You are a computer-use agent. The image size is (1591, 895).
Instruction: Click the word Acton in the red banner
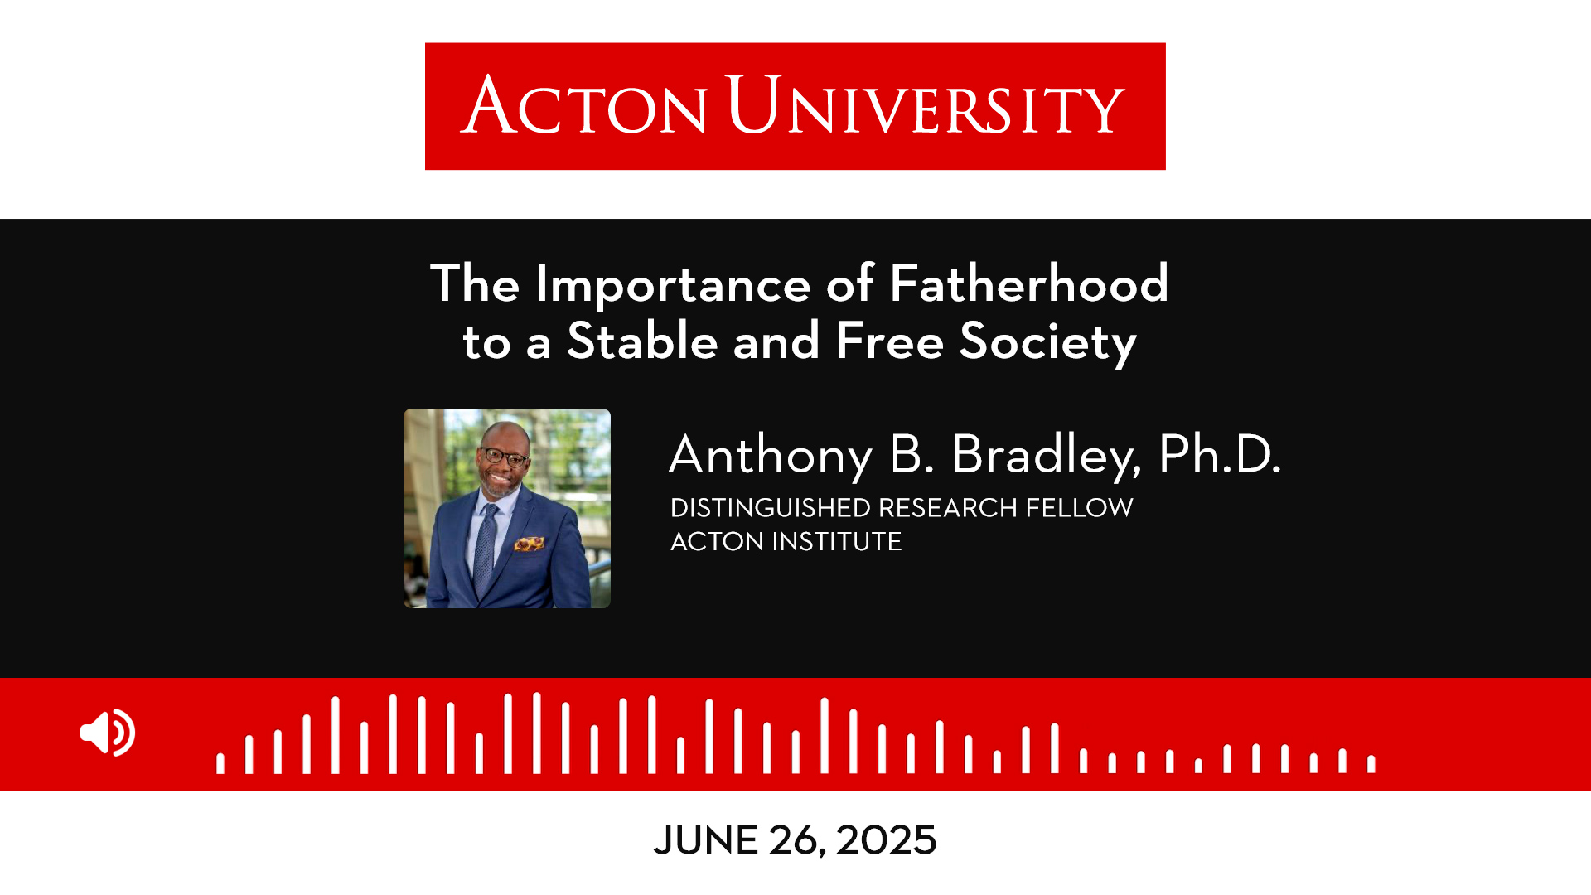584,105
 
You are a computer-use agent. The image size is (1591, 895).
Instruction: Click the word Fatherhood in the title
1028,283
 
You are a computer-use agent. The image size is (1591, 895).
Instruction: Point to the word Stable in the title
642,341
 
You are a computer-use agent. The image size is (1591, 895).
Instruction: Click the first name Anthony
771,456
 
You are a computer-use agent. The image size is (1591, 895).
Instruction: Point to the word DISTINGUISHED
771,507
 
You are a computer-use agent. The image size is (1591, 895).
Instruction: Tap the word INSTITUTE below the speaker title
837,541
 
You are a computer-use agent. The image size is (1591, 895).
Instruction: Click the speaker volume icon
108,733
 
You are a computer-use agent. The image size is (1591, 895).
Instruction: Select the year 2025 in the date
886,840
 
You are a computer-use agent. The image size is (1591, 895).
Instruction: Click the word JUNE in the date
705,840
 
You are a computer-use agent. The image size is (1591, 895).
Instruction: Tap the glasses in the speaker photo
505,456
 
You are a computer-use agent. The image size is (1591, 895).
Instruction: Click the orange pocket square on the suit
530,544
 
